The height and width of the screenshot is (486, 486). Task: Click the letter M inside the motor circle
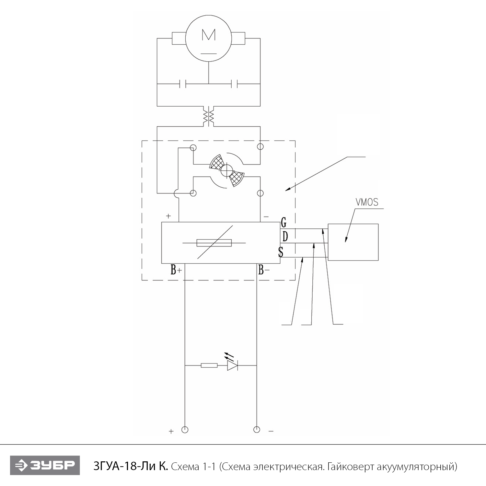click(x=208, y=35)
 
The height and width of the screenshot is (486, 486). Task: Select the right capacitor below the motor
click(x=235, y=84)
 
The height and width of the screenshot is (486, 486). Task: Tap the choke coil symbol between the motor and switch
click(x=208, y=116)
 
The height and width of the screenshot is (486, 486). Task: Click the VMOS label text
click(x=367, y=202)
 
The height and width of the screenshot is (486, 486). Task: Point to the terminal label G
click(x=283, y=223)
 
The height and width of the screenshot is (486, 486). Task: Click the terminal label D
click(x=285, y=237)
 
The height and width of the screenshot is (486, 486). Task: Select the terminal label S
click(x=281, y=252)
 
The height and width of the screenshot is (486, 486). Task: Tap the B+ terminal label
click(x=176, y=270)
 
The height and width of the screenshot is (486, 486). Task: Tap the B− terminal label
click(x=264, y=270)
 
